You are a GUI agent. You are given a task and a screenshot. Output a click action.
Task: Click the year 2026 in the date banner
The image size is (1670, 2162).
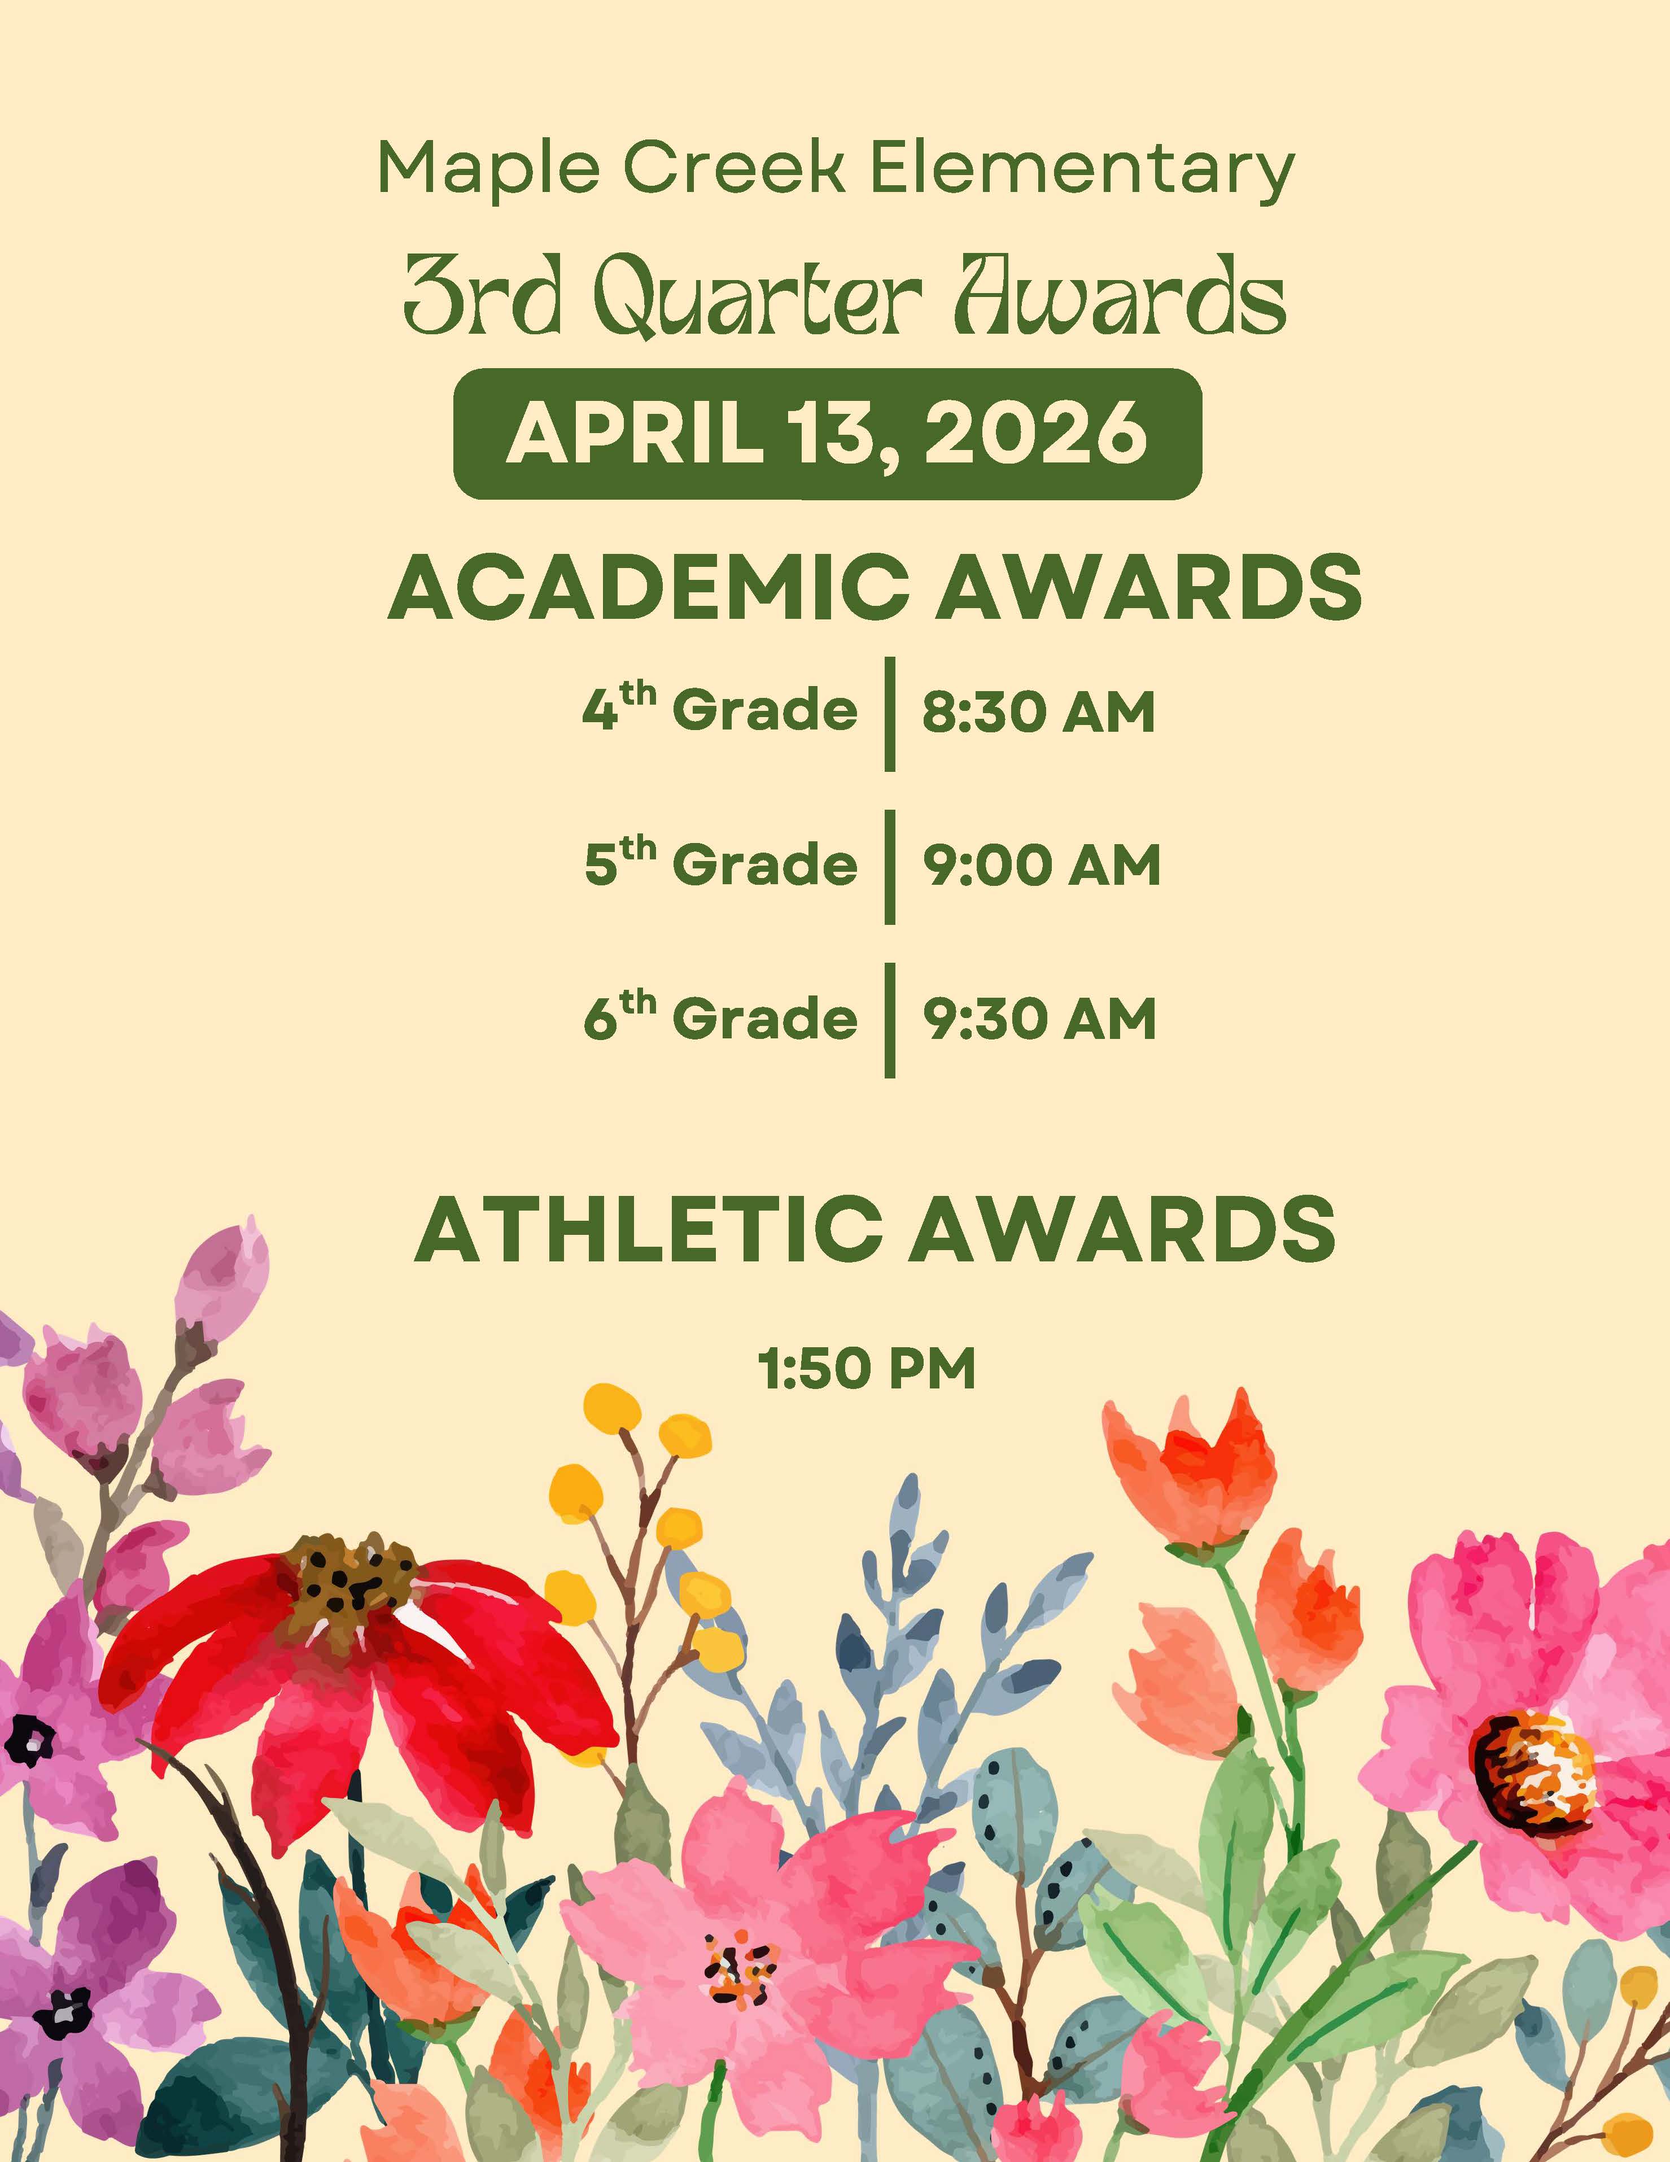point(1034,434)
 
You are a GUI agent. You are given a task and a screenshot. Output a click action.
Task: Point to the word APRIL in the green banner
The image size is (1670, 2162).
point(633,434)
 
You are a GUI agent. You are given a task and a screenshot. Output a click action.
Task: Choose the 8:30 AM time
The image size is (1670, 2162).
point(1038,713)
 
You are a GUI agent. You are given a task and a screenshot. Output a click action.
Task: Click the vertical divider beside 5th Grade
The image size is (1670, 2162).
point(890,866)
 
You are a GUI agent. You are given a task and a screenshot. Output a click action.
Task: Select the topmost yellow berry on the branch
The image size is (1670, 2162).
point(611,1406)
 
